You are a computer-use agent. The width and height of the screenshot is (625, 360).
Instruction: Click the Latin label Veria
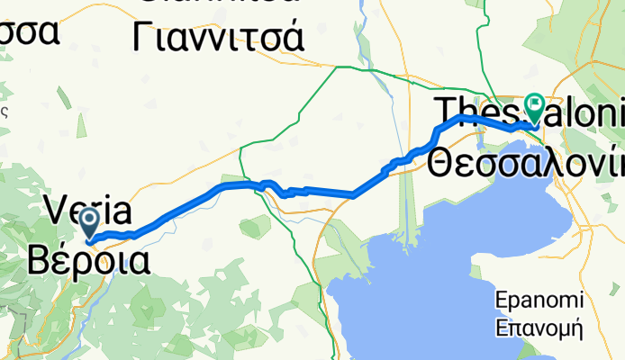click(90, 212)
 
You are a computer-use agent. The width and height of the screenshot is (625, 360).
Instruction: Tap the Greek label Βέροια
click(87, 258)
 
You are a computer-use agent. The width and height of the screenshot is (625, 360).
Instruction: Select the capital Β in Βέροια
click(41, 258)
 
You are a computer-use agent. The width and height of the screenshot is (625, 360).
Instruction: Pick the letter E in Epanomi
click(503, 300)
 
